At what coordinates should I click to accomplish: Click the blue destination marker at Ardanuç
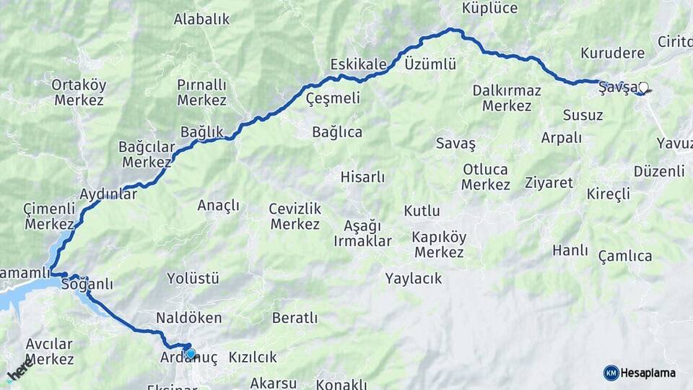click(x=190, y=353)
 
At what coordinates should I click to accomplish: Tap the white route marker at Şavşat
click(x=643, y=88)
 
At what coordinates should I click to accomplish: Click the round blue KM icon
click(x=611, y=373)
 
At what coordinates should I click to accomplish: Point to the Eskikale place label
click(x=358, y=64)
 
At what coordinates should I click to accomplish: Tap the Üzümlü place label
click(x=430, y=64)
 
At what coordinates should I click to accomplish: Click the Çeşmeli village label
click(x=333, y=98)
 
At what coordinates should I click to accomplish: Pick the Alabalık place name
click(x=201, y=19)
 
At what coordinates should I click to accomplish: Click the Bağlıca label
click(x=337, y=132)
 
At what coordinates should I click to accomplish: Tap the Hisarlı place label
click(x=363, y=177)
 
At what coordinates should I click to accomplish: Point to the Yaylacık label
click(x=414, y=278)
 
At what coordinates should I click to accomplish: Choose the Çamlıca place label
click(x=625, y=256)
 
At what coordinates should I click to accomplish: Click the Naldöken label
click(x=189, y=318)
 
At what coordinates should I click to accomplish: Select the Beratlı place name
click(x=295, y=318)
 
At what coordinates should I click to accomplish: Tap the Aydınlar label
click(x=108, y=195)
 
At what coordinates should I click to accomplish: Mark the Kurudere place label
click(x=612, y=54)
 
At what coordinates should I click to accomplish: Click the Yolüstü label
click(x=193, y=278)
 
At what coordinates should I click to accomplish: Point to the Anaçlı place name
click(x=218, y=206)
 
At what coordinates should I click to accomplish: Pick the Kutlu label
click(x=422, y=212)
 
